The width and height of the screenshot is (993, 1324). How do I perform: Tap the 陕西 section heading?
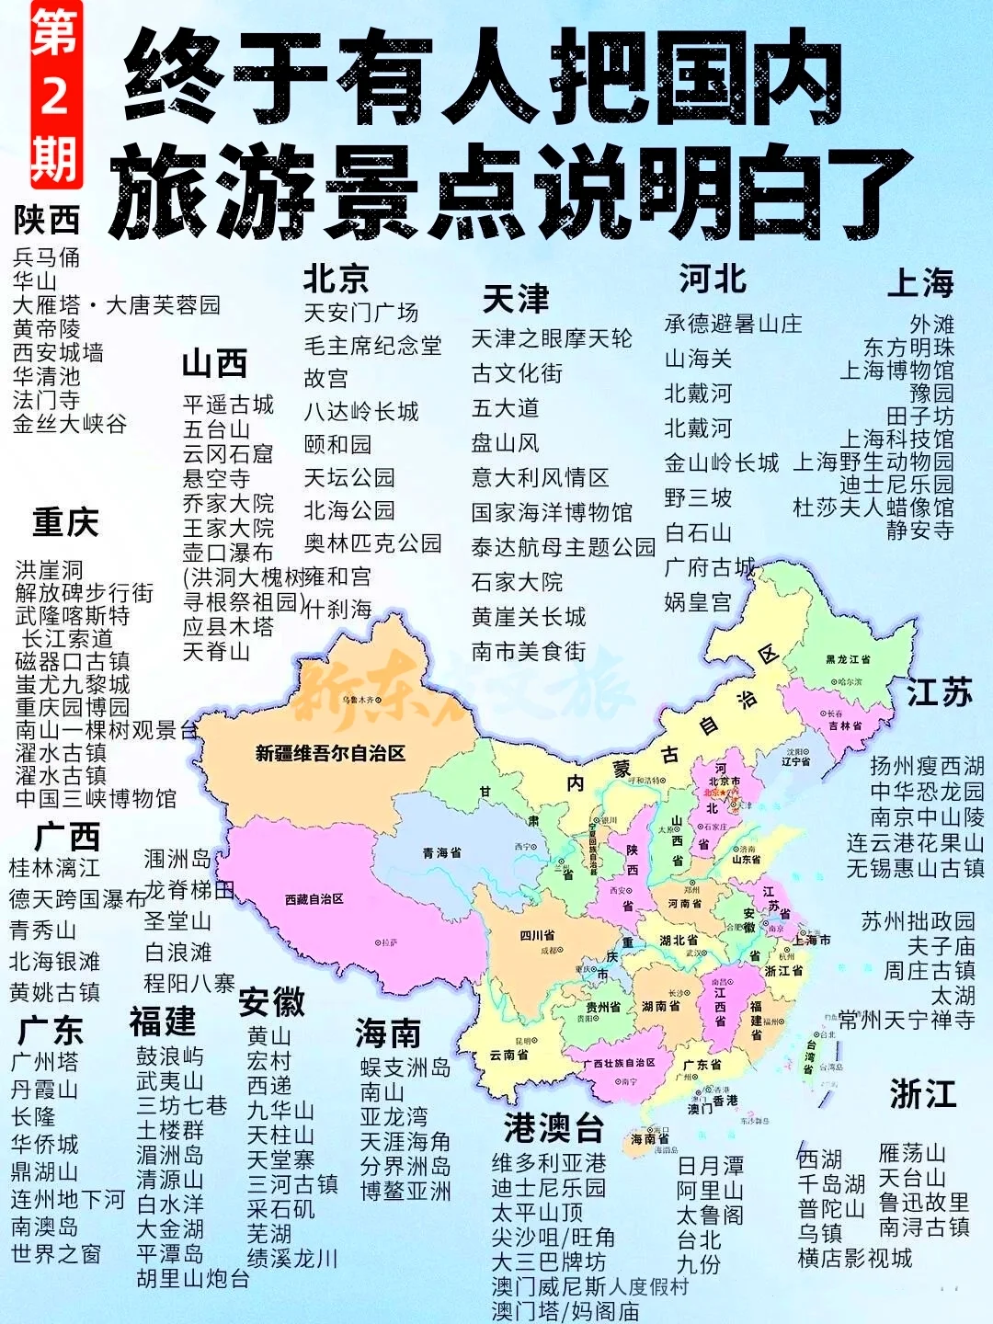pos(47,221)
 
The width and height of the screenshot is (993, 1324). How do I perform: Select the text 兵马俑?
pos(46,257)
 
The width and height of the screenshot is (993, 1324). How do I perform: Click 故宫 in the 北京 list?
pos(325,379)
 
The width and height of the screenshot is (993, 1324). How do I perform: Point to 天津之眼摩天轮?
pos(552,338)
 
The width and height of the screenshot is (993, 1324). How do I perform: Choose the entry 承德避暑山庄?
pos(733,324)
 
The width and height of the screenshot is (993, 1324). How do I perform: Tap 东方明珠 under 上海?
pos(908,348)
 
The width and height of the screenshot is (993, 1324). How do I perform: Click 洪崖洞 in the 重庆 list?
pos(49,570)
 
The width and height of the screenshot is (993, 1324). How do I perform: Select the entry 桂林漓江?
pos(54,867)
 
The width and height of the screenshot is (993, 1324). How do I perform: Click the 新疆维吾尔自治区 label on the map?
pos(330,754)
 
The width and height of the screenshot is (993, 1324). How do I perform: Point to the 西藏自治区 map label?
pos(314,899)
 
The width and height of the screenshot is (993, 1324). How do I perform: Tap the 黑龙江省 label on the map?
pos(848,659)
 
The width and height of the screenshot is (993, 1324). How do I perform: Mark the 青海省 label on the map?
pos(441,853)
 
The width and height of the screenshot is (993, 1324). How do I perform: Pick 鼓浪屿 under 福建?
pos(170,1056)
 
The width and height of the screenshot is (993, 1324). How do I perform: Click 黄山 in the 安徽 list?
pos(268,1036)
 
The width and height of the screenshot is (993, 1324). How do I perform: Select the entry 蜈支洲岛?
pos(405,1067)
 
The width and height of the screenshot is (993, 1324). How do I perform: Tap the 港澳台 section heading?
pos(554,1128)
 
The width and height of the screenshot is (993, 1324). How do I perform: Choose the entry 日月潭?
pos(710,1166)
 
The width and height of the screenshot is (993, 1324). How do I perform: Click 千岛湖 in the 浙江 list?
pos(831,1184)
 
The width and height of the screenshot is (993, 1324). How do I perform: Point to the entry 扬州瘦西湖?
pos(927,766)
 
